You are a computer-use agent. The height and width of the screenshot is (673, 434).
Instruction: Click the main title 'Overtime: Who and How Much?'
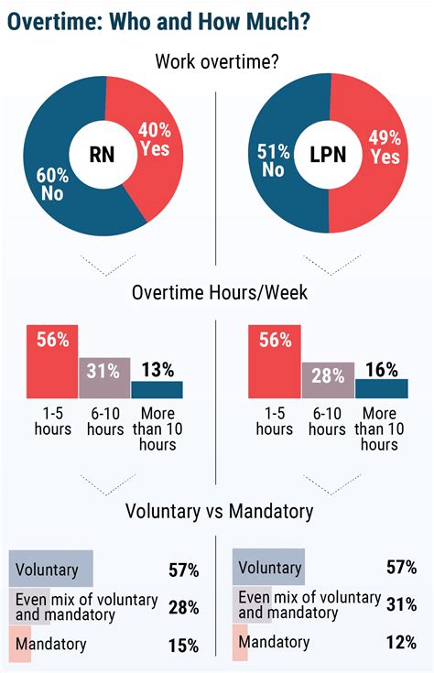point(158,21)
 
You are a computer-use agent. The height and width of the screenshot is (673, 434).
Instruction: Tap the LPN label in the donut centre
point(327,155)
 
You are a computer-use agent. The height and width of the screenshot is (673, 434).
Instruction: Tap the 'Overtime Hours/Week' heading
point(216,293)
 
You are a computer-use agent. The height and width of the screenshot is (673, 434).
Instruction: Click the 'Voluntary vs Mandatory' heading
point(216,511)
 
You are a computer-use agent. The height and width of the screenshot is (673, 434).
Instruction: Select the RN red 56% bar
point(53,361)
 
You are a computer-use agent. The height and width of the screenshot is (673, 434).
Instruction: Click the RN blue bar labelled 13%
point(157,389)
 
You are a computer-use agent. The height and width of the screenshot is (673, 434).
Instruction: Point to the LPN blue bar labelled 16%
point(381,388)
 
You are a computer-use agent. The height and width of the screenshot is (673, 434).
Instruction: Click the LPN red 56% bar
point(274,361)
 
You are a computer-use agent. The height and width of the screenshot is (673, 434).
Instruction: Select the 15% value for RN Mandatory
point(183,646)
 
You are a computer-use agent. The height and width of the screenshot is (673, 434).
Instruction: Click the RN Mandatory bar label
point(52,644)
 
